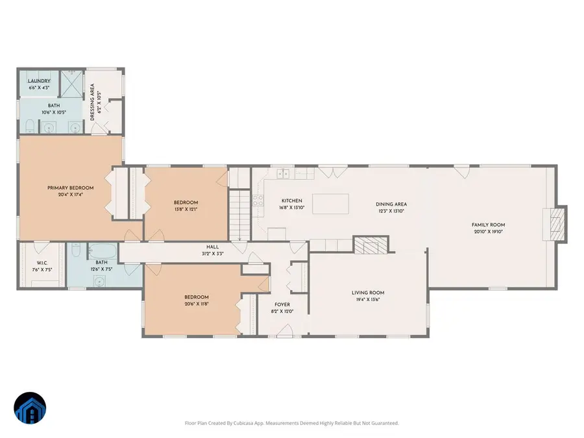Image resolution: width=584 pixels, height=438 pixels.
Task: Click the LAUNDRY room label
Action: (39, 81)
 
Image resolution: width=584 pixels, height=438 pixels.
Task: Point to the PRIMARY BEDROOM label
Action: (70, 188)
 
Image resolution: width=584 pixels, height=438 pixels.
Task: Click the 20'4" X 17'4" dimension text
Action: (70, 195)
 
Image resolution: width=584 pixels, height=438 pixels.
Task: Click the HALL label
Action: (213, 247)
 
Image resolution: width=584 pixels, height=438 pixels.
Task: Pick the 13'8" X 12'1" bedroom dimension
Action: (186, 210)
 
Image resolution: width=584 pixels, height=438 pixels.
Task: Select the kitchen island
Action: (330, 204)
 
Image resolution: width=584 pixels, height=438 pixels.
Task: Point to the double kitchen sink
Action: (284, 173)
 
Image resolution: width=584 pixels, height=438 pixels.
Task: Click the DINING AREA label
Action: (391, 204)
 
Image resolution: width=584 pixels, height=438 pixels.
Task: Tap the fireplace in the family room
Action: (555, 224)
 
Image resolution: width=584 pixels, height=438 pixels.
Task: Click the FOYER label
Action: (282, 304)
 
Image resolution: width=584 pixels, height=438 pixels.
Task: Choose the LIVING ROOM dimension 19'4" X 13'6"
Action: (368, 300)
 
